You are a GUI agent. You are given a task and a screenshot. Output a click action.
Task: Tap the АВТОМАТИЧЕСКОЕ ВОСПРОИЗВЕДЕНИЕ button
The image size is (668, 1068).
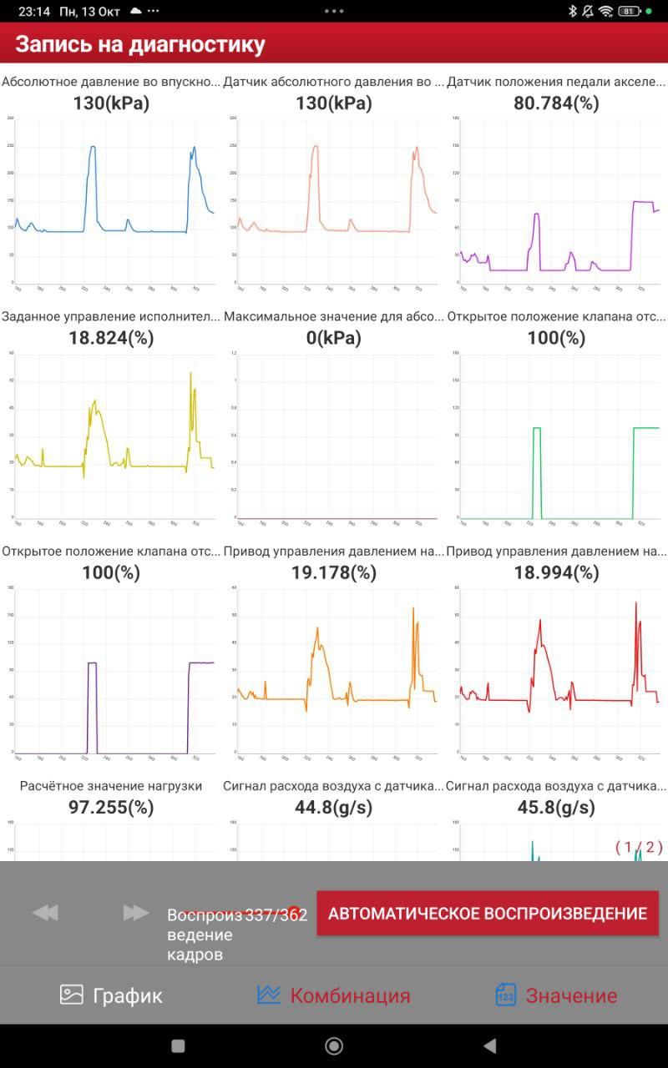point(488,913)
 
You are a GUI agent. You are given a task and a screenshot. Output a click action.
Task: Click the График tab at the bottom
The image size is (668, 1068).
point(111,995)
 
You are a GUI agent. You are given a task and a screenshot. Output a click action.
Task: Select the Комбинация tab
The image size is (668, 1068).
point(334,995)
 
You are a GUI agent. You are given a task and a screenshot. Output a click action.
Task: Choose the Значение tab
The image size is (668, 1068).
point(556,995)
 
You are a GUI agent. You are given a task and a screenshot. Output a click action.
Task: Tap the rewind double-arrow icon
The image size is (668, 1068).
point(45,913)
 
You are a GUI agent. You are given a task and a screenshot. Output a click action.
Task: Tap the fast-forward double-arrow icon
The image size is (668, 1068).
point(135,913)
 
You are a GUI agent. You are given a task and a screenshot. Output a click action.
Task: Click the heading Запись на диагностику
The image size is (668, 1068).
point(140,44)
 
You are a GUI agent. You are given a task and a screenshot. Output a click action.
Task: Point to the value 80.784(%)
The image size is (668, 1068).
point(557,103)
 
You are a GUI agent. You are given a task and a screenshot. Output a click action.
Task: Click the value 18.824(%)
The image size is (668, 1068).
point(111,338)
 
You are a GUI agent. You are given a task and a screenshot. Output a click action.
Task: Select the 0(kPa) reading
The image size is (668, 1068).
point(334,338)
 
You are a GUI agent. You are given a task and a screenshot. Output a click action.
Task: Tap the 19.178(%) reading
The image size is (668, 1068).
point(334,572)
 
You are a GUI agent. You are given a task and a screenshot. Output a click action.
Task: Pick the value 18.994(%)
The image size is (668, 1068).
point(557,572)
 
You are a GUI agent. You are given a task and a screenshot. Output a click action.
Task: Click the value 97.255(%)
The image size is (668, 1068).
point(111,807)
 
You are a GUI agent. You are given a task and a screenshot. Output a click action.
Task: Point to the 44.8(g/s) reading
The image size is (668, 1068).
point(334,807)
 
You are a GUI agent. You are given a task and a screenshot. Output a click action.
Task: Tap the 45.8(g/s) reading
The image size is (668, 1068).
point(557,807)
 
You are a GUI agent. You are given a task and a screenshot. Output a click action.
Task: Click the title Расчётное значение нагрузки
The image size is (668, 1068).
point(111,786)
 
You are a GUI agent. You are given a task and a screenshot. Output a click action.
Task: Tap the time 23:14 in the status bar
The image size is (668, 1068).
point(34,12)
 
